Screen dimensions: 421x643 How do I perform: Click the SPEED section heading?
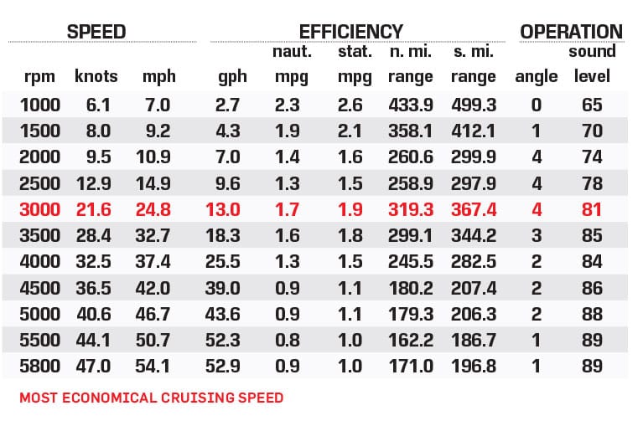click(97, 32)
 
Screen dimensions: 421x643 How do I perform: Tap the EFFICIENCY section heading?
click(351, 32)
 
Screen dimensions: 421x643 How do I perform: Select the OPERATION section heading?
click(572, 32)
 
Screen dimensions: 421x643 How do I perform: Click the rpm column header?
click(39, 76)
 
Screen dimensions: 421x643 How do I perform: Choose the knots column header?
click(96, 76)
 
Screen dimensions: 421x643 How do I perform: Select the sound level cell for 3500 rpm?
click(592, 235)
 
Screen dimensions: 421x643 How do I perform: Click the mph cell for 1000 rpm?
click(158, 105)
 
